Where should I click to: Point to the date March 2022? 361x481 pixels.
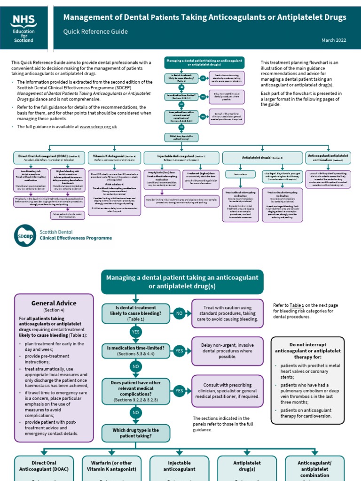click(x=334, y=40)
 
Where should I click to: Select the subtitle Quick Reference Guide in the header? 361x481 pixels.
click(x=95, y=32)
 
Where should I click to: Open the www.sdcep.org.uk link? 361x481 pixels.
click(x=98, y=127)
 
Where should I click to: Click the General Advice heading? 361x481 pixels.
click(x=54, y=303)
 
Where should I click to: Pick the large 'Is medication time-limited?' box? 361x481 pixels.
click(x=136, y=351)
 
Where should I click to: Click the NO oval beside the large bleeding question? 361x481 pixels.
click(x=179, y=312)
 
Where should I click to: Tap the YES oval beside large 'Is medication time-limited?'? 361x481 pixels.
click(x=179, y=351)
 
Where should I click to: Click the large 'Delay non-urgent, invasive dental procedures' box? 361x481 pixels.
click(x=228, y=350)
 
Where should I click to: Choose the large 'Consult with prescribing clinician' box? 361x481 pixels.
click(x=228, y=390)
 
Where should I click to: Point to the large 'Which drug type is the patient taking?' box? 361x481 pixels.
click(x=136, y=433)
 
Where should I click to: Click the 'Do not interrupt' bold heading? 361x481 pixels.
click(x=311, y=347)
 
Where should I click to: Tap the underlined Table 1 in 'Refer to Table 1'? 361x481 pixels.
click(x=297, y=305)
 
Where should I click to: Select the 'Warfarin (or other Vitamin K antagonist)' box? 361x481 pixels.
click(x=110, y=466)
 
